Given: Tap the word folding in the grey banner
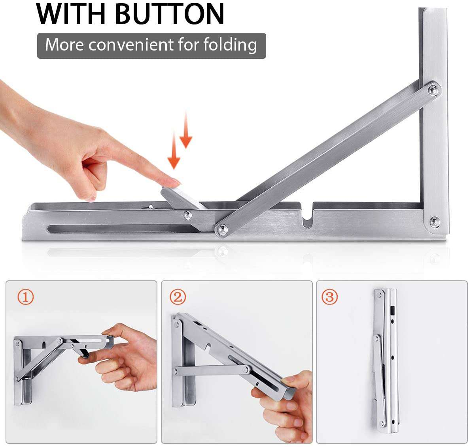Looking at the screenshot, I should [x=230, y=45].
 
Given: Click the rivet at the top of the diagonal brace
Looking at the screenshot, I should [x=434, y=90].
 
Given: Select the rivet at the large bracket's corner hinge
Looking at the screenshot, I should [x=434, y=222].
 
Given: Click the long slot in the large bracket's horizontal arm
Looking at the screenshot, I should [x=119, y=228].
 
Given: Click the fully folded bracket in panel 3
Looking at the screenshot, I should [x=386, y=359].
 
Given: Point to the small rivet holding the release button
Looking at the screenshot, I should [x=188, y=215].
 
